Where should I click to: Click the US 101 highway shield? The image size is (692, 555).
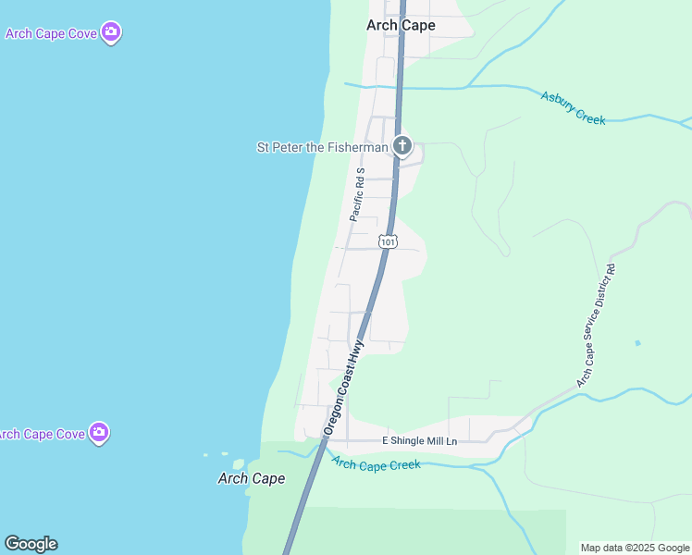389,241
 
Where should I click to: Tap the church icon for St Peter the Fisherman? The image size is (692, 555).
402,146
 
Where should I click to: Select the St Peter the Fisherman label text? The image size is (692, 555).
321,147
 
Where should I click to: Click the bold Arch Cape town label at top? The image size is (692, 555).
400,26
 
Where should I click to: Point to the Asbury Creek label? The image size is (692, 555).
573,107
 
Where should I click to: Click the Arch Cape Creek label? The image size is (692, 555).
376,464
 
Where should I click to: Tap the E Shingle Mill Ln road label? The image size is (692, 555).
420,441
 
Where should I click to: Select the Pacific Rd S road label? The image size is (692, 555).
358,194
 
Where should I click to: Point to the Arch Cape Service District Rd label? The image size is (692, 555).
596,326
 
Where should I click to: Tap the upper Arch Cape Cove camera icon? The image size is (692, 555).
112,33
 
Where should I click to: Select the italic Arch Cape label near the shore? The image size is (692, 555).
251,479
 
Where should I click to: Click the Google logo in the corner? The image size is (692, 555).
31,544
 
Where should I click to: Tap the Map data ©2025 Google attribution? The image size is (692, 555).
635,548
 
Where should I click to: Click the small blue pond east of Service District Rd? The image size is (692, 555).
637,343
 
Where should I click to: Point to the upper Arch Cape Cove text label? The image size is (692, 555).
51,34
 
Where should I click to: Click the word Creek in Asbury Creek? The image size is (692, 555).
588,114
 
